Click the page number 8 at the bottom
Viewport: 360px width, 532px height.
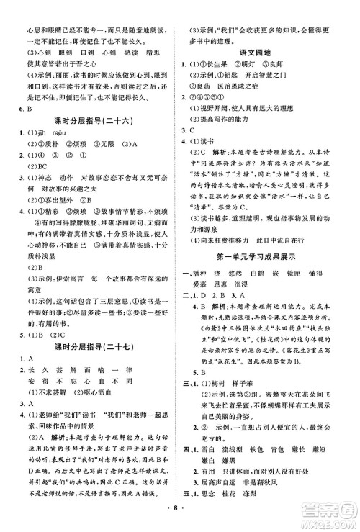[x=181, y=520]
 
